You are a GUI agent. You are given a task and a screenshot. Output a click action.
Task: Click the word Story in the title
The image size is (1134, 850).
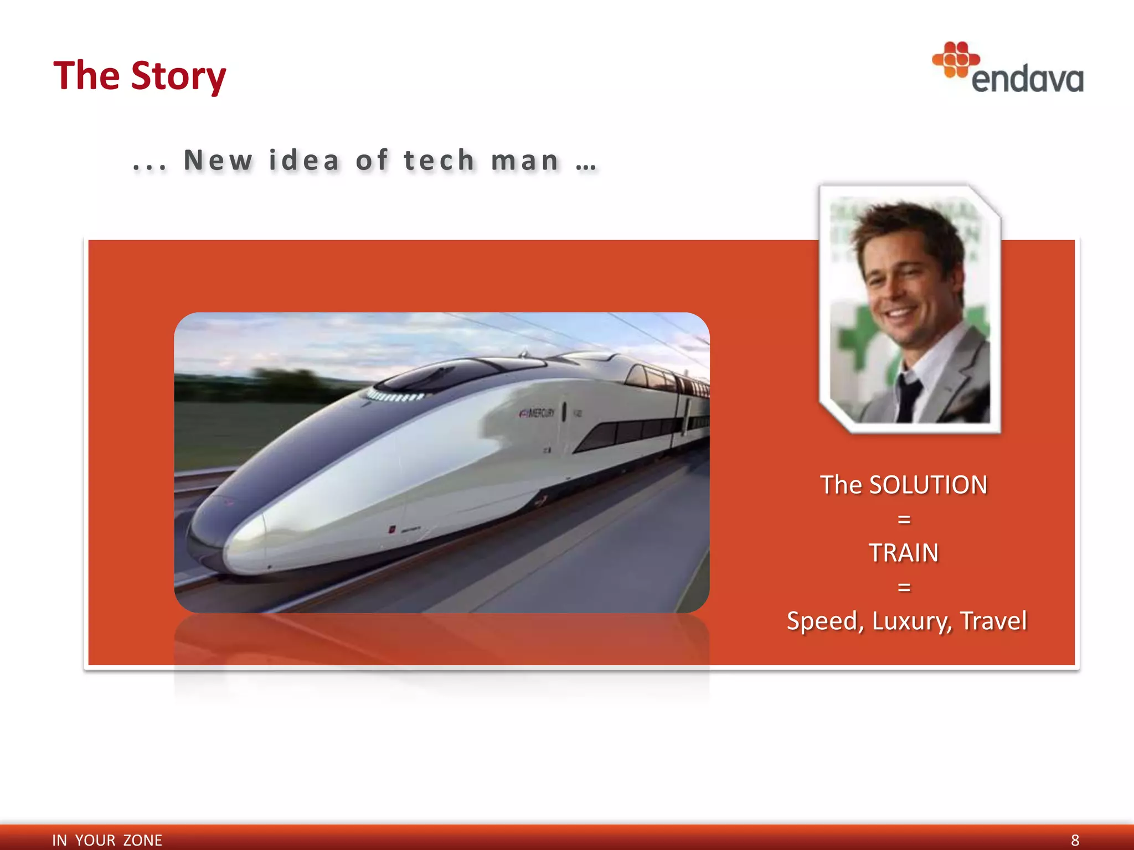pyautogui.click(x=178, y=76)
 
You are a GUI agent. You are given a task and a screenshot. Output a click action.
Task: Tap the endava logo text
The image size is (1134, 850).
pyautogui.click(x=1027, y=79)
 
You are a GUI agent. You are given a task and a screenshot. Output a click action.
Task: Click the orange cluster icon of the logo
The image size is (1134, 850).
pyautogui.click(x=955, y=59)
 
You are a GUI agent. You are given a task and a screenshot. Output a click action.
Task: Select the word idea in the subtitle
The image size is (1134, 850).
pyautogui.click(x=304, y=160)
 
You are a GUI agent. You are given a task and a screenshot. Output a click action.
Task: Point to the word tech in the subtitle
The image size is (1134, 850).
pyautogui.click(x=439, y=160)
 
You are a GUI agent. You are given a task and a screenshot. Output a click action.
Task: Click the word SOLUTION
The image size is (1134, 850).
pyautogui.click(x=928, y=485)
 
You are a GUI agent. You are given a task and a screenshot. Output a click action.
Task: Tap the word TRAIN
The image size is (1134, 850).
pyautogui.click(x=903, y=552)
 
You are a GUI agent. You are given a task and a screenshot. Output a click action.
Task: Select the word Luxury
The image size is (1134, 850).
pyautogui.click(x=912, y=620)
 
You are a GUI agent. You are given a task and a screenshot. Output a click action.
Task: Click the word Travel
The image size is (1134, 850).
pyautogui.click(x=993, y=620)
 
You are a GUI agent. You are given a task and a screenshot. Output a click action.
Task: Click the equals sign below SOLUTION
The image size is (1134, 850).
pyautogui.click(x=904, y=519)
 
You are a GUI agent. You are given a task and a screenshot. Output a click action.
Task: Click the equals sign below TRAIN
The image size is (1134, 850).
pyautogui.click(x=904, y=587)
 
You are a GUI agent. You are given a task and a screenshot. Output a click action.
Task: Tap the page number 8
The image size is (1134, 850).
pyautogui.click(x=1075, y=840)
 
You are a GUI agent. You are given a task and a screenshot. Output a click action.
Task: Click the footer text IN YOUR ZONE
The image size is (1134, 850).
pyautogui.click(x=107, y=840)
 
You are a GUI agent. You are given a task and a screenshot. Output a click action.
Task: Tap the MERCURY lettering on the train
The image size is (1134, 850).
pyautogui.click(x=537, y=413)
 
